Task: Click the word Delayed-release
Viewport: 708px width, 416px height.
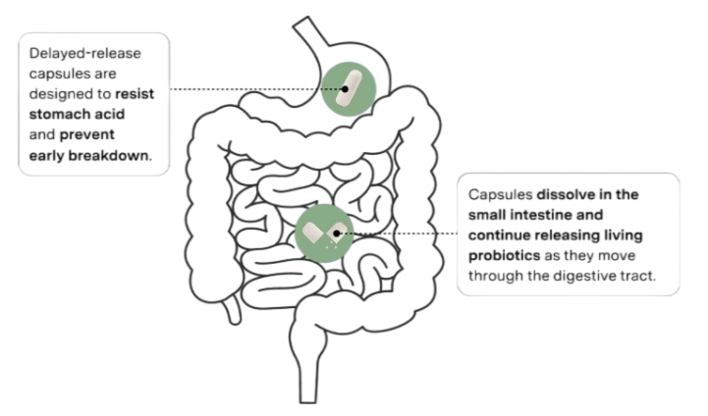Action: [84, 53]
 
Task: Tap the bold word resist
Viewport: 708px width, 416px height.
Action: [135, 94]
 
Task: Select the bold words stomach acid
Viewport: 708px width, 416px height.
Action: [77, 114]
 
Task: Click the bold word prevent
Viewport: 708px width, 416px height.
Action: [86, 135]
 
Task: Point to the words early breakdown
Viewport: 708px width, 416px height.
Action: [88, 156]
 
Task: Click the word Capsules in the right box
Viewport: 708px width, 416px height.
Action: [500, 195]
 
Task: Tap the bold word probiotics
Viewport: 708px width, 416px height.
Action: [504, 256]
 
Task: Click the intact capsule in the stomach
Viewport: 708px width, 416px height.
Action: [349, 88]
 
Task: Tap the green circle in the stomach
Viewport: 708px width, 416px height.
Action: [349, 89]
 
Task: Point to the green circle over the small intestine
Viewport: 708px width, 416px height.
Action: [324, 234]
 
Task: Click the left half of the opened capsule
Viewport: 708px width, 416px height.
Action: [312, 233]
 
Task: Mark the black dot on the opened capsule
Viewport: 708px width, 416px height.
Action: [337, 234]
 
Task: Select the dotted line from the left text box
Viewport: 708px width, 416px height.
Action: [256, 89]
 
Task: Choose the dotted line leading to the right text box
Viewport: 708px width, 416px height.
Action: [399, 234]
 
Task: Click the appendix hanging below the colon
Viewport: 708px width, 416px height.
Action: [233, 310]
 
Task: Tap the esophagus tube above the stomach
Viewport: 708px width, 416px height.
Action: [311, 32]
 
